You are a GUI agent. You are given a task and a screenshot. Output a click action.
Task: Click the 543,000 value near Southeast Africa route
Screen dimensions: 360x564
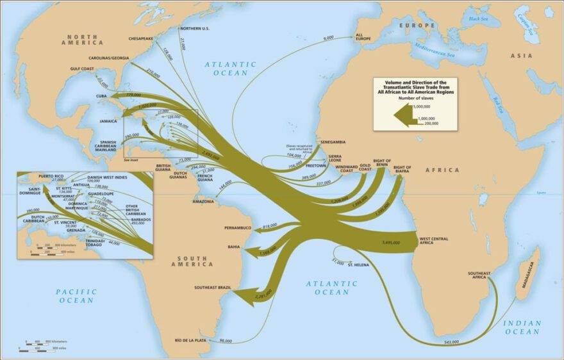point(451,343)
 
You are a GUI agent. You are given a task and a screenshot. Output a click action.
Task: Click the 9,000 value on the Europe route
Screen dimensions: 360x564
point(329,38)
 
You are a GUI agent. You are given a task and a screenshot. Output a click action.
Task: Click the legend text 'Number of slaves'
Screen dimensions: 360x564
point(416,99)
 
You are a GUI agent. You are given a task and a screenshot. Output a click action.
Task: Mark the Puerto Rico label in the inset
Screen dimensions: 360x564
point(51,176)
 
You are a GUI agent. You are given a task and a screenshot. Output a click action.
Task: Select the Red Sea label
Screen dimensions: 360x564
point(497,102)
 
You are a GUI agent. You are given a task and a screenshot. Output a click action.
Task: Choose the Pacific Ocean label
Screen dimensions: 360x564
point(77,295)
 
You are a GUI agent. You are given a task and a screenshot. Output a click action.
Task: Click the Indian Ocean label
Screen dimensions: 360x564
point(522,327)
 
